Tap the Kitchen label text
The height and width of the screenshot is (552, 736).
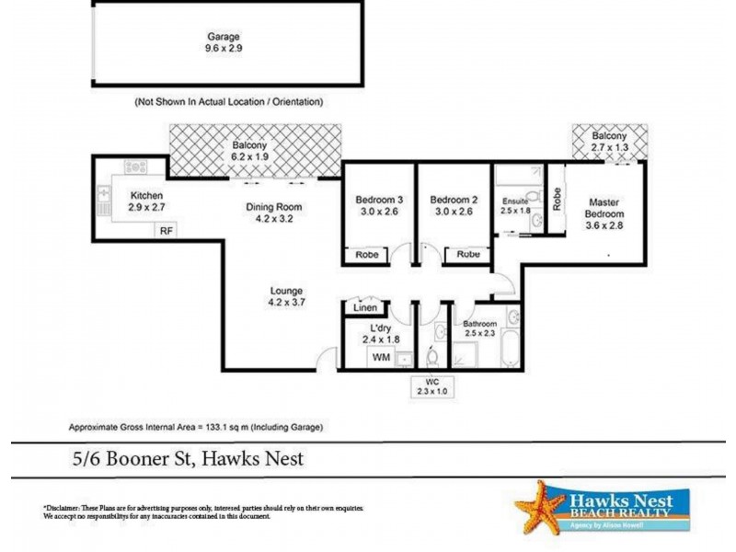(147, 196)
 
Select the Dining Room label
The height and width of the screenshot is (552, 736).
(273, 207)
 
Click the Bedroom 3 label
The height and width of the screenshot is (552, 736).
(379, 201)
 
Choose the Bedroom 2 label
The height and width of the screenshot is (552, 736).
(453, 201)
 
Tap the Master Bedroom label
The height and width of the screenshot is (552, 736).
(604, 209)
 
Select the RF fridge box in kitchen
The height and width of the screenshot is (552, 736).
(166, 231)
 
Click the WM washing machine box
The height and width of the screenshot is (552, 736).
(379, 357)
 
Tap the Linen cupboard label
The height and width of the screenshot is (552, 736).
(364, 308)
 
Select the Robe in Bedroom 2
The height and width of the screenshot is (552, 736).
(468, 254)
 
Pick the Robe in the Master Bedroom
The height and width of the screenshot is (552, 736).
(557, 199)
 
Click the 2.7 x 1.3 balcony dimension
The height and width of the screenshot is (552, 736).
(609, 146)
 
